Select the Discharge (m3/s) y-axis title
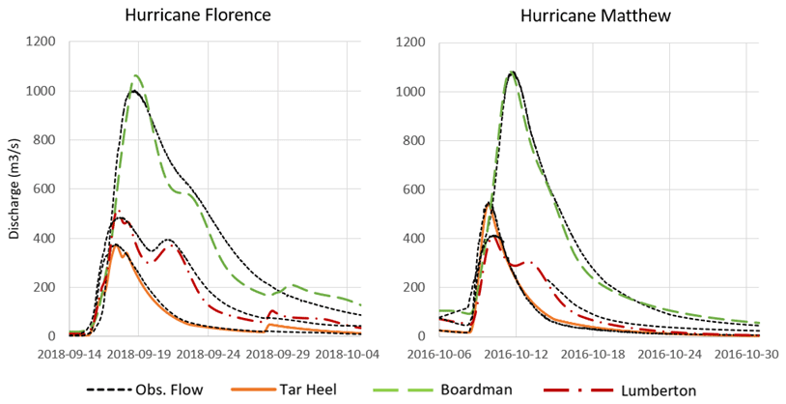click(x=14, y=189)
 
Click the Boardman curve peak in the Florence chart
click(x=137, y=75)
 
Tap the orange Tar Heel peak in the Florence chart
click(x=115, y=245)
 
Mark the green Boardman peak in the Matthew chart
click(x=512, y=72)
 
